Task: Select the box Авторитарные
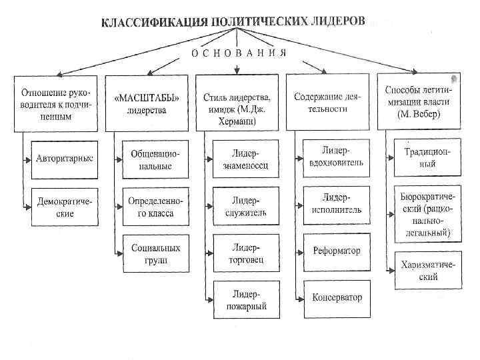(x=65, y=159)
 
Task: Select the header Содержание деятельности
(x=327, y=103)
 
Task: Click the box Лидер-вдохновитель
(x=336, y=157)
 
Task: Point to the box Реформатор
(x=336, y=251)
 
